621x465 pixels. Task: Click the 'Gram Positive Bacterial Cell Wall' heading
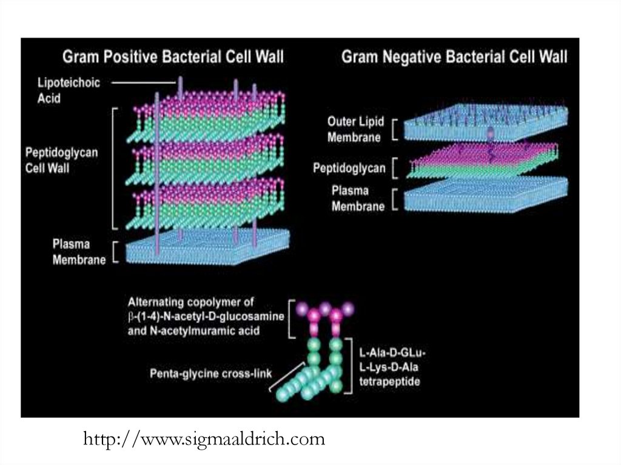pos(173,58)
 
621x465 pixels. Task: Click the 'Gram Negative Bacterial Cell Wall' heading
pos(455,58)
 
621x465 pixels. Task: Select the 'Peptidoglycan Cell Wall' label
pos(61,159)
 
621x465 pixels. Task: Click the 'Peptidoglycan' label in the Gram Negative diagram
pos(349,168)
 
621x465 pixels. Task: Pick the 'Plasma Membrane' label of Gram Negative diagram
pos(358,198)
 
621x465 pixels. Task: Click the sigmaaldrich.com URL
pos(204,438)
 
